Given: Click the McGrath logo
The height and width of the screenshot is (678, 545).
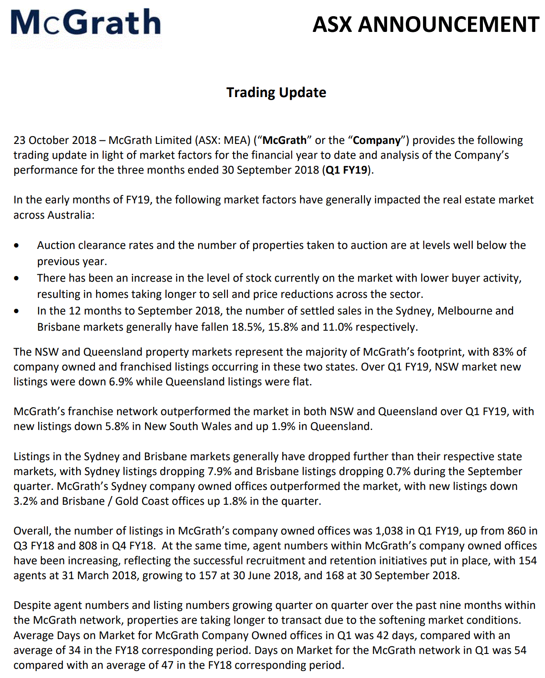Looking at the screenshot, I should pos(86,23).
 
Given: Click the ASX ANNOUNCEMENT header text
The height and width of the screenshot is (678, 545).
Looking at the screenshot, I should pos(426,24).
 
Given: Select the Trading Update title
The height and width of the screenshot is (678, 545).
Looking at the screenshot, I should pos(276,92).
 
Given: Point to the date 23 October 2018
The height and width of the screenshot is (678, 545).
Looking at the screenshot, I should pos(55,140).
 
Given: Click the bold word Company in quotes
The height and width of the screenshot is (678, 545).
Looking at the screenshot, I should pos(377,140).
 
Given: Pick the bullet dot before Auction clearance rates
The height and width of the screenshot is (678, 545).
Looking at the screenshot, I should pos(17,246).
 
